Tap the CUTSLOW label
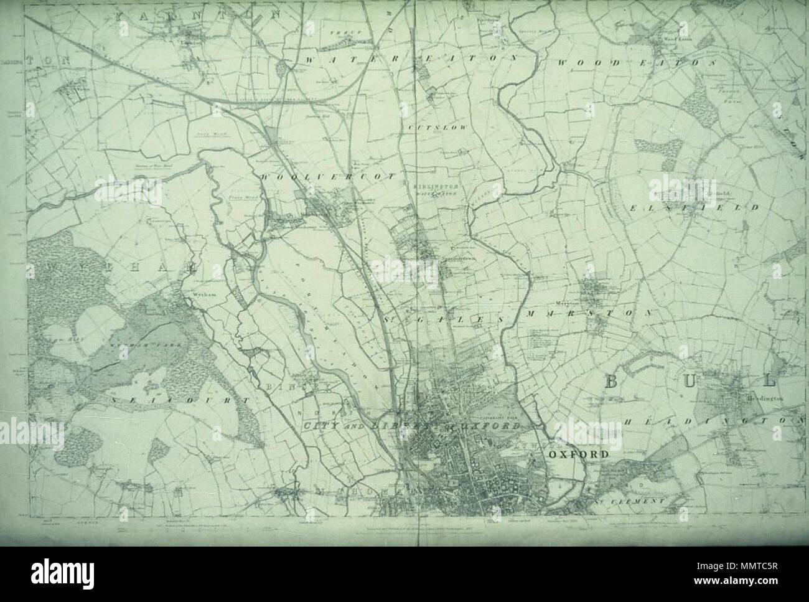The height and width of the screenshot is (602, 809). point(429,127)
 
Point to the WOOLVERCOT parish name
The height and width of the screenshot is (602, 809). point(328,177)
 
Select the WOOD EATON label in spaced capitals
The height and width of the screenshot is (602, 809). point(637,63)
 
